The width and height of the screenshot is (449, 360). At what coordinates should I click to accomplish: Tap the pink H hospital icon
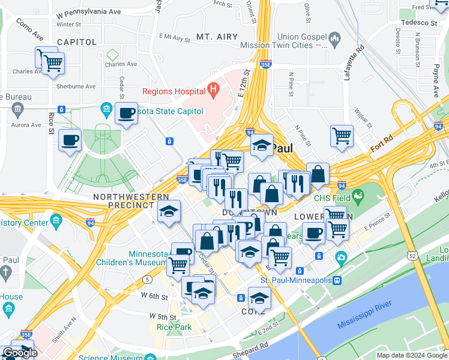pyautogui.click(x=212, y=91)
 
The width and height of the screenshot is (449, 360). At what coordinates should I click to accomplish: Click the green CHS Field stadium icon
pyautogui.click(x=358, y=196)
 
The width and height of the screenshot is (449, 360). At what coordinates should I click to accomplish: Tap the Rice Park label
pyautogui.click(x=173, y=327)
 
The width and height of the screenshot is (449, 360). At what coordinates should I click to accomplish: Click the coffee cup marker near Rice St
pyautogui.click(x=70, y=140)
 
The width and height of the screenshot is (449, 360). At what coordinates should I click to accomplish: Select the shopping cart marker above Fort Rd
pyautogui.click(x=342, y=135)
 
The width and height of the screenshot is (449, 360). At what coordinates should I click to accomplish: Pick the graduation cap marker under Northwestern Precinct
pyautogui.click(x=169, y=211)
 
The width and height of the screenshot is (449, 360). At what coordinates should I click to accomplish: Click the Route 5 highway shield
pyautogui.click(x=147, y=280)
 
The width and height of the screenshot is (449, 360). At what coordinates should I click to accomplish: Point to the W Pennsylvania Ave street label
pyautogui.click(x=88, y=12)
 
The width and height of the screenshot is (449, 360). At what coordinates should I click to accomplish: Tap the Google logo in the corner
pyautogui.click(x=20, y=353)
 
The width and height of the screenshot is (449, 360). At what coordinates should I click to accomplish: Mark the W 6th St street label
pyautogui.click(x=154, y=296)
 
